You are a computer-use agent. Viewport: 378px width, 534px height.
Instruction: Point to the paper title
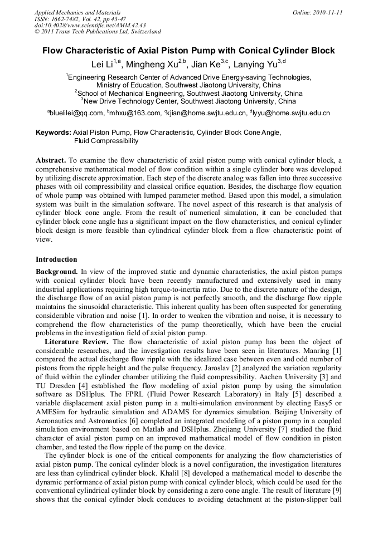tap(188, 51)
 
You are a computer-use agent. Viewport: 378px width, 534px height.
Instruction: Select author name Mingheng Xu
tap(156, 65)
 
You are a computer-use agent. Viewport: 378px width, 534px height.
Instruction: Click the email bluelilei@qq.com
tap(76, 113)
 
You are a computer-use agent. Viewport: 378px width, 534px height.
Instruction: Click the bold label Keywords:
tap(54, 133)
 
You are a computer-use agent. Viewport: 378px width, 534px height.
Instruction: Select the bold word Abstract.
tap(52, 160)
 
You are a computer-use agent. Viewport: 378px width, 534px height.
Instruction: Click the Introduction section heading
tap(56, 259)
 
